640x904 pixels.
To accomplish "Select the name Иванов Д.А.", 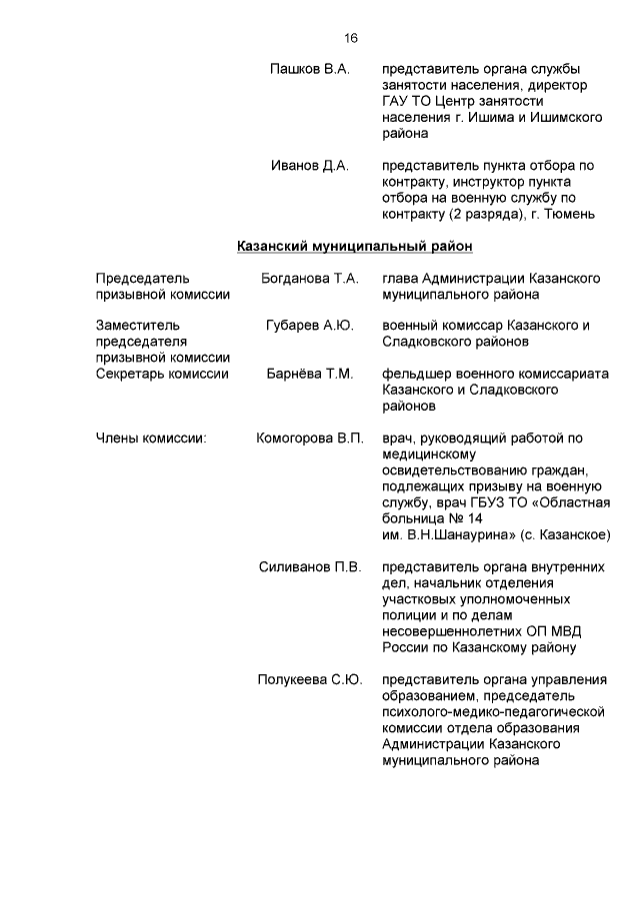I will tap(310, 166).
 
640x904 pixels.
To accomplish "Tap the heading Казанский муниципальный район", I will tap(354, 245).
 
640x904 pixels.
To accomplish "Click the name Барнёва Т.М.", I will tap(310, 374).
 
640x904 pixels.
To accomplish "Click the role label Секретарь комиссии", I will tap(162, 374).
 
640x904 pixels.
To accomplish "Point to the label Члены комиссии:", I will tap(150, 439).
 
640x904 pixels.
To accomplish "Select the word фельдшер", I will tap(418, 374).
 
